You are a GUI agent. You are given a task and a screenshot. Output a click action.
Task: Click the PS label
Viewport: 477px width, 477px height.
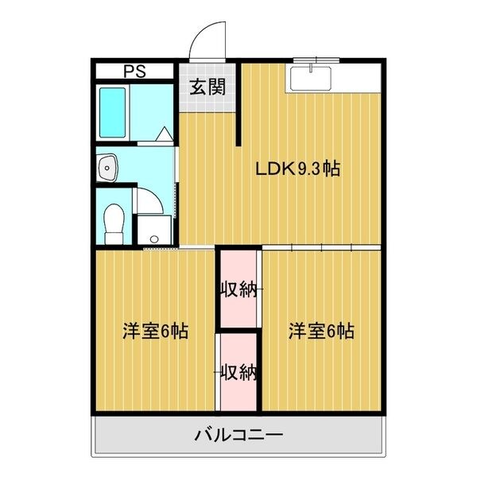134,72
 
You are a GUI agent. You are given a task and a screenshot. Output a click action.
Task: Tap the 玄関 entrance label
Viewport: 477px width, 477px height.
207,87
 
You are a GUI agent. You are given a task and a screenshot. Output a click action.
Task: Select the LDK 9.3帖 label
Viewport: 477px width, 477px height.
297,169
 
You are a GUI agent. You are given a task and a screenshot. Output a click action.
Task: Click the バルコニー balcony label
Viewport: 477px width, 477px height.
238,436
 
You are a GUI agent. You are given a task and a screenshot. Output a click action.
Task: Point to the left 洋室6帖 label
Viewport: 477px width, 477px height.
156,331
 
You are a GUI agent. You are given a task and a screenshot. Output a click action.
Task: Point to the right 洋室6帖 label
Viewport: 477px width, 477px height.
321,331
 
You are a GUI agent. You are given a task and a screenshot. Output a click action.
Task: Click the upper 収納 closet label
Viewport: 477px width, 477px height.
238,289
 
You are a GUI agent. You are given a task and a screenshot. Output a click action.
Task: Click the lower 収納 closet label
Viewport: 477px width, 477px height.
238,372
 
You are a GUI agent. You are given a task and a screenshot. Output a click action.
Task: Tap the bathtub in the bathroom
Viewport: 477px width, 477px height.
113,113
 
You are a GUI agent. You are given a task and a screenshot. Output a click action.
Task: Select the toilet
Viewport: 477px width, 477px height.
114,224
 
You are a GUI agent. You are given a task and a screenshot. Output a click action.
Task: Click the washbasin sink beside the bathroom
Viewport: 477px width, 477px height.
107,168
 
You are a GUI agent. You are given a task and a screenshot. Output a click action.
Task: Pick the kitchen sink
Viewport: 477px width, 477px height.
311,78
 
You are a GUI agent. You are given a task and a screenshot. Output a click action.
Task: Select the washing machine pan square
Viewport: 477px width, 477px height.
154,230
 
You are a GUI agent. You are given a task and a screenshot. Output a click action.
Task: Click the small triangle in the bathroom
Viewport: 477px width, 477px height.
165,134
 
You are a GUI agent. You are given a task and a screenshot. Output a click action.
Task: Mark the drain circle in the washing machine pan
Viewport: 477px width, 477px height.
154,239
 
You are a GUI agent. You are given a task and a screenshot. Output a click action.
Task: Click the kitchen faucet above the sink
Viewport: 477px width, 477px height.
311,68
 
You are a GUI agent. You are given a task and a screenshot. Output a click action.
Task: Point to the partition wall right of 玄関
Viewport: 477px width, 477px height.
238,104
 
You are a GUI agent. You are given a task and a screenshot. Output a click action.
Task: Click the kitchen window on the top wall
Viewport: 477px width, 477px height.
316,60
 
